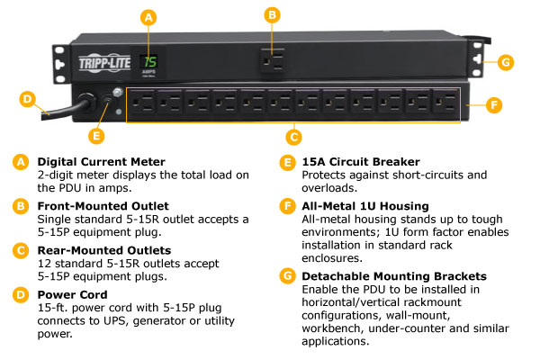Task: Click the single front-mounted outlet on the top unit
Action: [x=273, y=59]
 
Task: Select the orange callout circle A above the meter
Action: [x=149, y=16]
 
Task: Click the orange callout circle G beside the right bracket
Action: [x=507, y=62]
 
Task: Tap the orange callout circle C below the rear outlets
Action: [x=292, y=138]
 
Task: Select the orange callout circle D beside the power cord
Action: [x=28, y=99]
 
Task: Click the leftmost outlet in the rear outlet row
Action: [x=141, y=104]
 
